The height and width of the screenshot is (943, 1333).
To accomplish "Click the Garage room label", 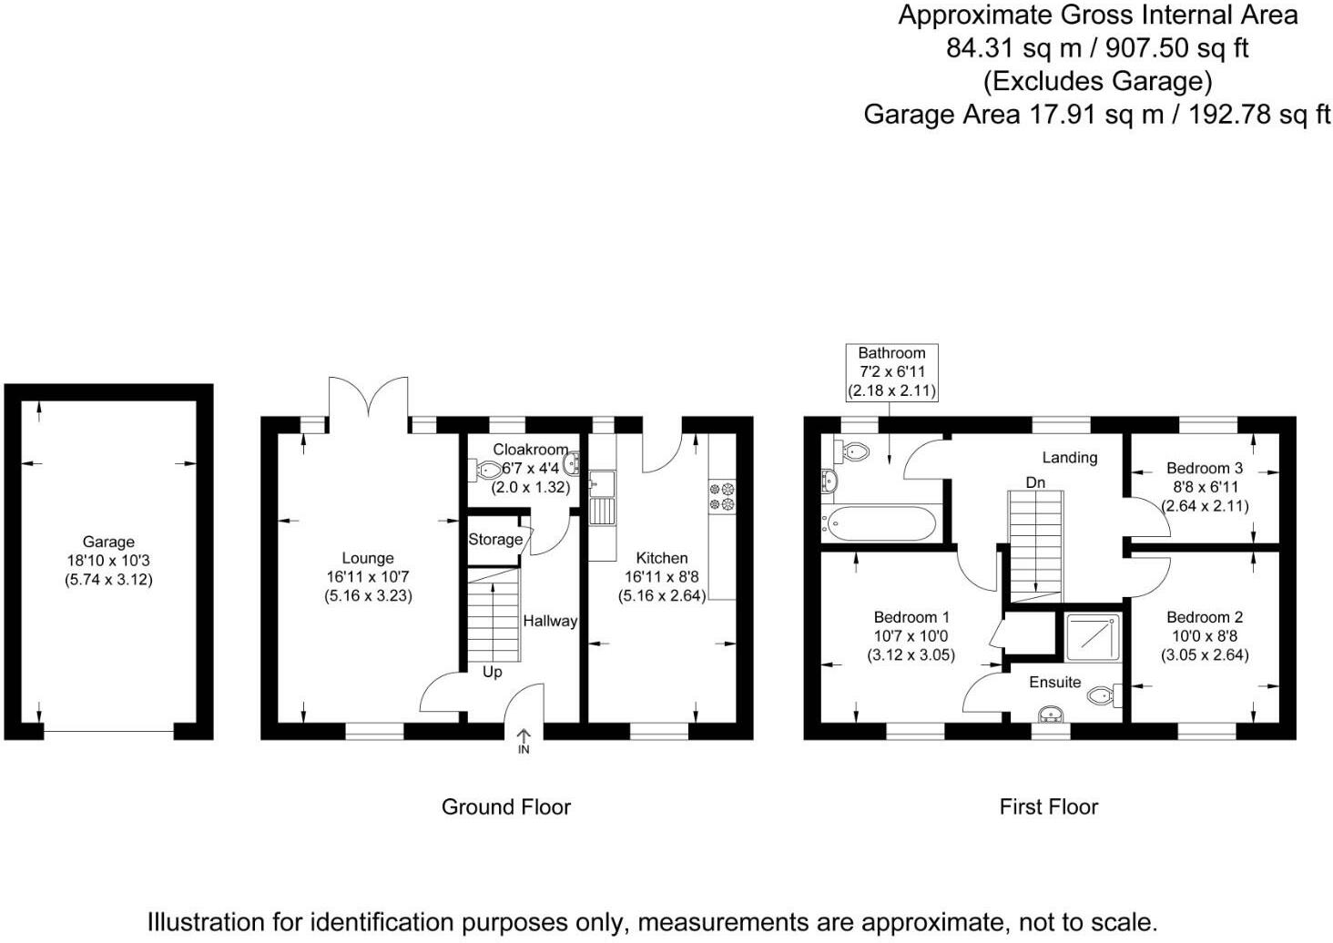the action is [108, 542].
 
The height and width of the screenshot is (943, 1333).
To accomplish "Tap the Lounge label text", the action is [368, 558].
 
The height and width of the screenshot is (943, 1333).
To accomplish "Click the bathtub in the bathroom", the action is [880, 523].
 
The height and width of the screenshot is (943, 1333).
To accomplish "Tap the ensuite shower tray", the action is [1090, 636].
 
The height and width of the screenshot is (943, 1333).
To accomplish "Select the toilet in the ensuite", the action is [1104, 696].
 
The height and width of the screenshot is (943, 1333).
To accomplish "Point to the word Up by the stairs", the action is [492, 672].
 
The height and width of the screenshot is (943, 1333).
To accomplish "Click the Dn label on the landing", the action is [1035, 482].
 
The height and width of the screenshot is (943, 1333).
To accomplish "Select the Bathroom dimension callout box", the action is [891, 371].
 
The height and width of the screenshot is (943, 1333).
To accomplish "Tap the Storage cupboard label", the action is [495, 539].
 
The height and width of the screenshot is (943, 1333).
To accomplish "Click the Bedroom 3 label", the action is [1204, 468].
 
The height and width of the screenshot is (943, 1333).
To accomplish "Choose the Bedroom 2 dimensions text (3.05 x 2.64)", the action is [1204, 654].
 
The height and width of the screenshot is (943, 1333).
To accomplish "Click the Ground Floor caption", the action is [505, 806].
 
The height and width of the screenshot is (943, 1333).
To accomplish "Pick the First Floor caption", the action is [1048, 806].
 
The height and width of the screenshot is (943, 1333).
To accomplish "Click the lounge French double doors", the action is [368, 399].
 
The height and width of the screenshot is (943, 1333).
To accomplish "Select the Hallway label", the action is [550, 621].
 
